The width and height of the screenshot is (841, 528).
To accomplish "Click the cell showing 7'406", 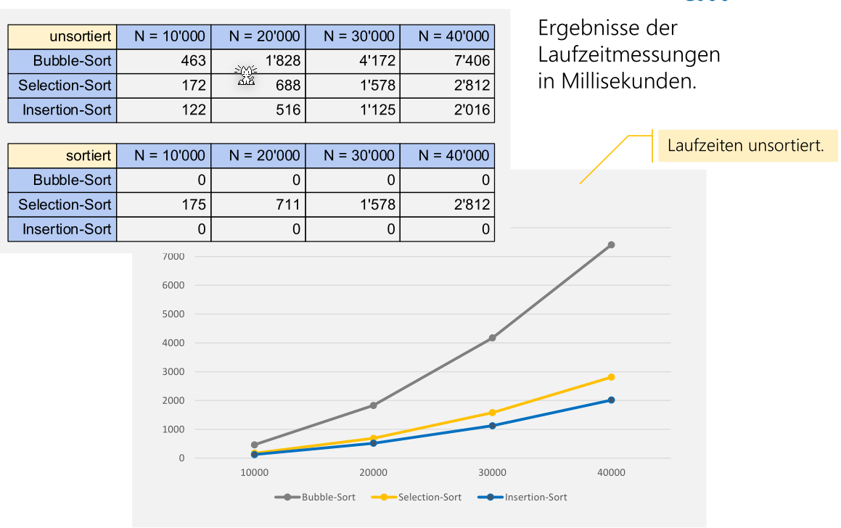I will (447, 61).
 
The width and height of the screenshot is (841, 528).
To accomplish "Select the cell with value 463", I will (164, 61).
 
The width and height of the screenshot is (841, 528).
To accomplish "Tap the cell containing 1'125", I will (353, 110).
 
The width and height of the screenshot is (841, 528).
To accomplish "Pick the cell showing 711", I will (258, 205).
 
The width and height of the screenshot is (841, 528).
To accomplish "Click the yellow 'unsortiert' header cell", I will (62, 36).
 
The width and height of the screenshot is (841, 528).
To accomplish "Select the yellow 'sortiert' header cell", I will (62, 155).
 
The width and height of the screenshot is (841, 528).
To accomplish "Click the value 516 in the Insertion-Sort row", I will (258, 110).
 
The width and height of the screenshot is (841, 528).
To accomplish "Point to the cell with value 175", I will (164, 205).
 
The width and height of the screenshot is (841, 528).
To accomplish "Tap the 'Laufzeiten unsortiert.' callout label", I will (745, 145).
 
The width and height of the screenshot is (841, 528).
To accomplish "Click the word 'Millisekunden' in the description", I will (625, 81).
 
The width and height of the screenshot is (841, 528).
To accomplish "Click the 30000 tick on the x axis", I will (492, 473).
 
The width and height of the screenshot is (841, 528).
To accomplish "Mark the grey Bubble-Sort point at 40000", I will (612, 245).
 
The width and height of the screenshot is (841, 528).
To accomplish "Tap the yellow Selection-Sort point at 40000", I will (612, 377).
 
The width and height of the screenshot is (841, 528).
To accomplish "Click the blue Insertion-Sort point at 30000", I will (493, 426).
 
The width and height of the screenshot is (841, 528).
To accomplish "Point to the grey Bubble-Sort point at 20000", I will (374, 405).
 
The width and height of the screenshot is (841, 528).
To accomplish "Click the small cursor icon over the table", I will (246, 75).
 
